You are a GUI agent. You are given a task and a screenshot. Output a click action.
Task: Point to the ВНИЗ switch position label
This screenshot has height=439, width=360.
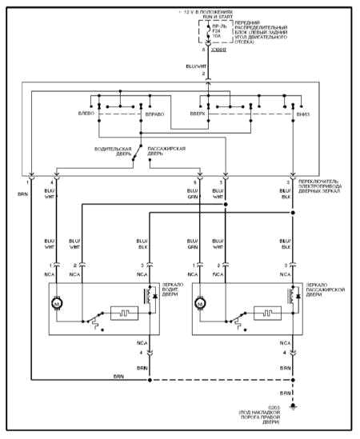pyautogui.click(x=303, y=114)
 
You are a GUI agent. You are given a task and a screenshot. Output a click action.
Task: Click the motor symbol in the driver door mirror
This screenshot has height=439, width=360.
pyautogui.click(x=56, y=304)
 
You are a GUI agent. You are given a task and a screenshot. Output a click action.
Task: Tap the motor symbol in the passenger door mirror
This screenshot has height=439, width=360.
pyautogui.click(x=198, y=304)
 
